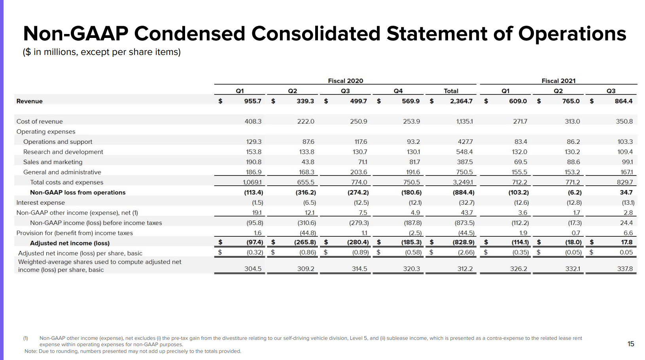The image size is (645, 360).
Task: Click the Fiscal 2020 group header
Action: (x=346, y=81)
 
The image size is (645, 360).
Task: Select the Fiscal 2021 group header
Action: (x=558, y=81)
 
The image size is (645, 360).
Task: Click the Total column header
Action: (x=451, y=91)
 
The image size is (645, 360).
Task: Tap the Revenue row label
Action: (x=29, y=101)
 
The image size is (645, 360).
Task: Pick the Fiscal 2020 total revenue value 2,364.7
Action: (x=461, y=101)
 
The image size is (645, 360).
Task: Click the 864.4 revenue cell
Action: (x=624, y=101)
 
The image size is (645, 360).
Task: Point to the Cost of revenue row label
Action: (x=40, y=121)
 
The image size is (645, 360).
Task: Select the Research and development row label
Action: (x=63, y=152)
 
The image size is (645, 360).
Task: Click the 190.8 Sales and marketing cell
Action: (x=253, y=162)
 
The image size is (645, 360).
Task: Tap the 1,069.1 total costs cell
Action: (x=252, y=182)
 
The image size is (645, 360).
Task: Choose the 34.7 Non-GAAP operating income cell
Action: (x=626, y=192)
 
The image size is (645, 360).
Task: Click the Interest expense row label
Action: (x=41, y=203)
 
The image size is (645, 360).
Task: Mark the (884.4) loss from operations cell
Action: (x=463, y=192)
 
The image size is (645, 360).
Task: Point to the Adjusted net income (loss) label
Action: (x=70, y=243)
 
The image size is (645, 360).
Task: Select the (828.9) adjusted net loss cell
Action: (x=463, y=242)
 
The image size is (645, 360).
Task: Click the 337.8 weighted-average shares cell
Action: (x=625, y=269)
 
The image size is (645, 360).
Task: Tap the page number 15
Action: (x=631, y=344)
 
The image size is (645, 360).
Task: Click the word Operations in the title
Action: (x=572, y=34)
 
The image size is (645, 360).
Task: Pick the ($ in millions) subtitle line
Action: (x=102, y=52)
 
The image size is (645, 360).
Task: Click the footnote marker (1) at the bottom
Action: (x=26, y=338)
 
